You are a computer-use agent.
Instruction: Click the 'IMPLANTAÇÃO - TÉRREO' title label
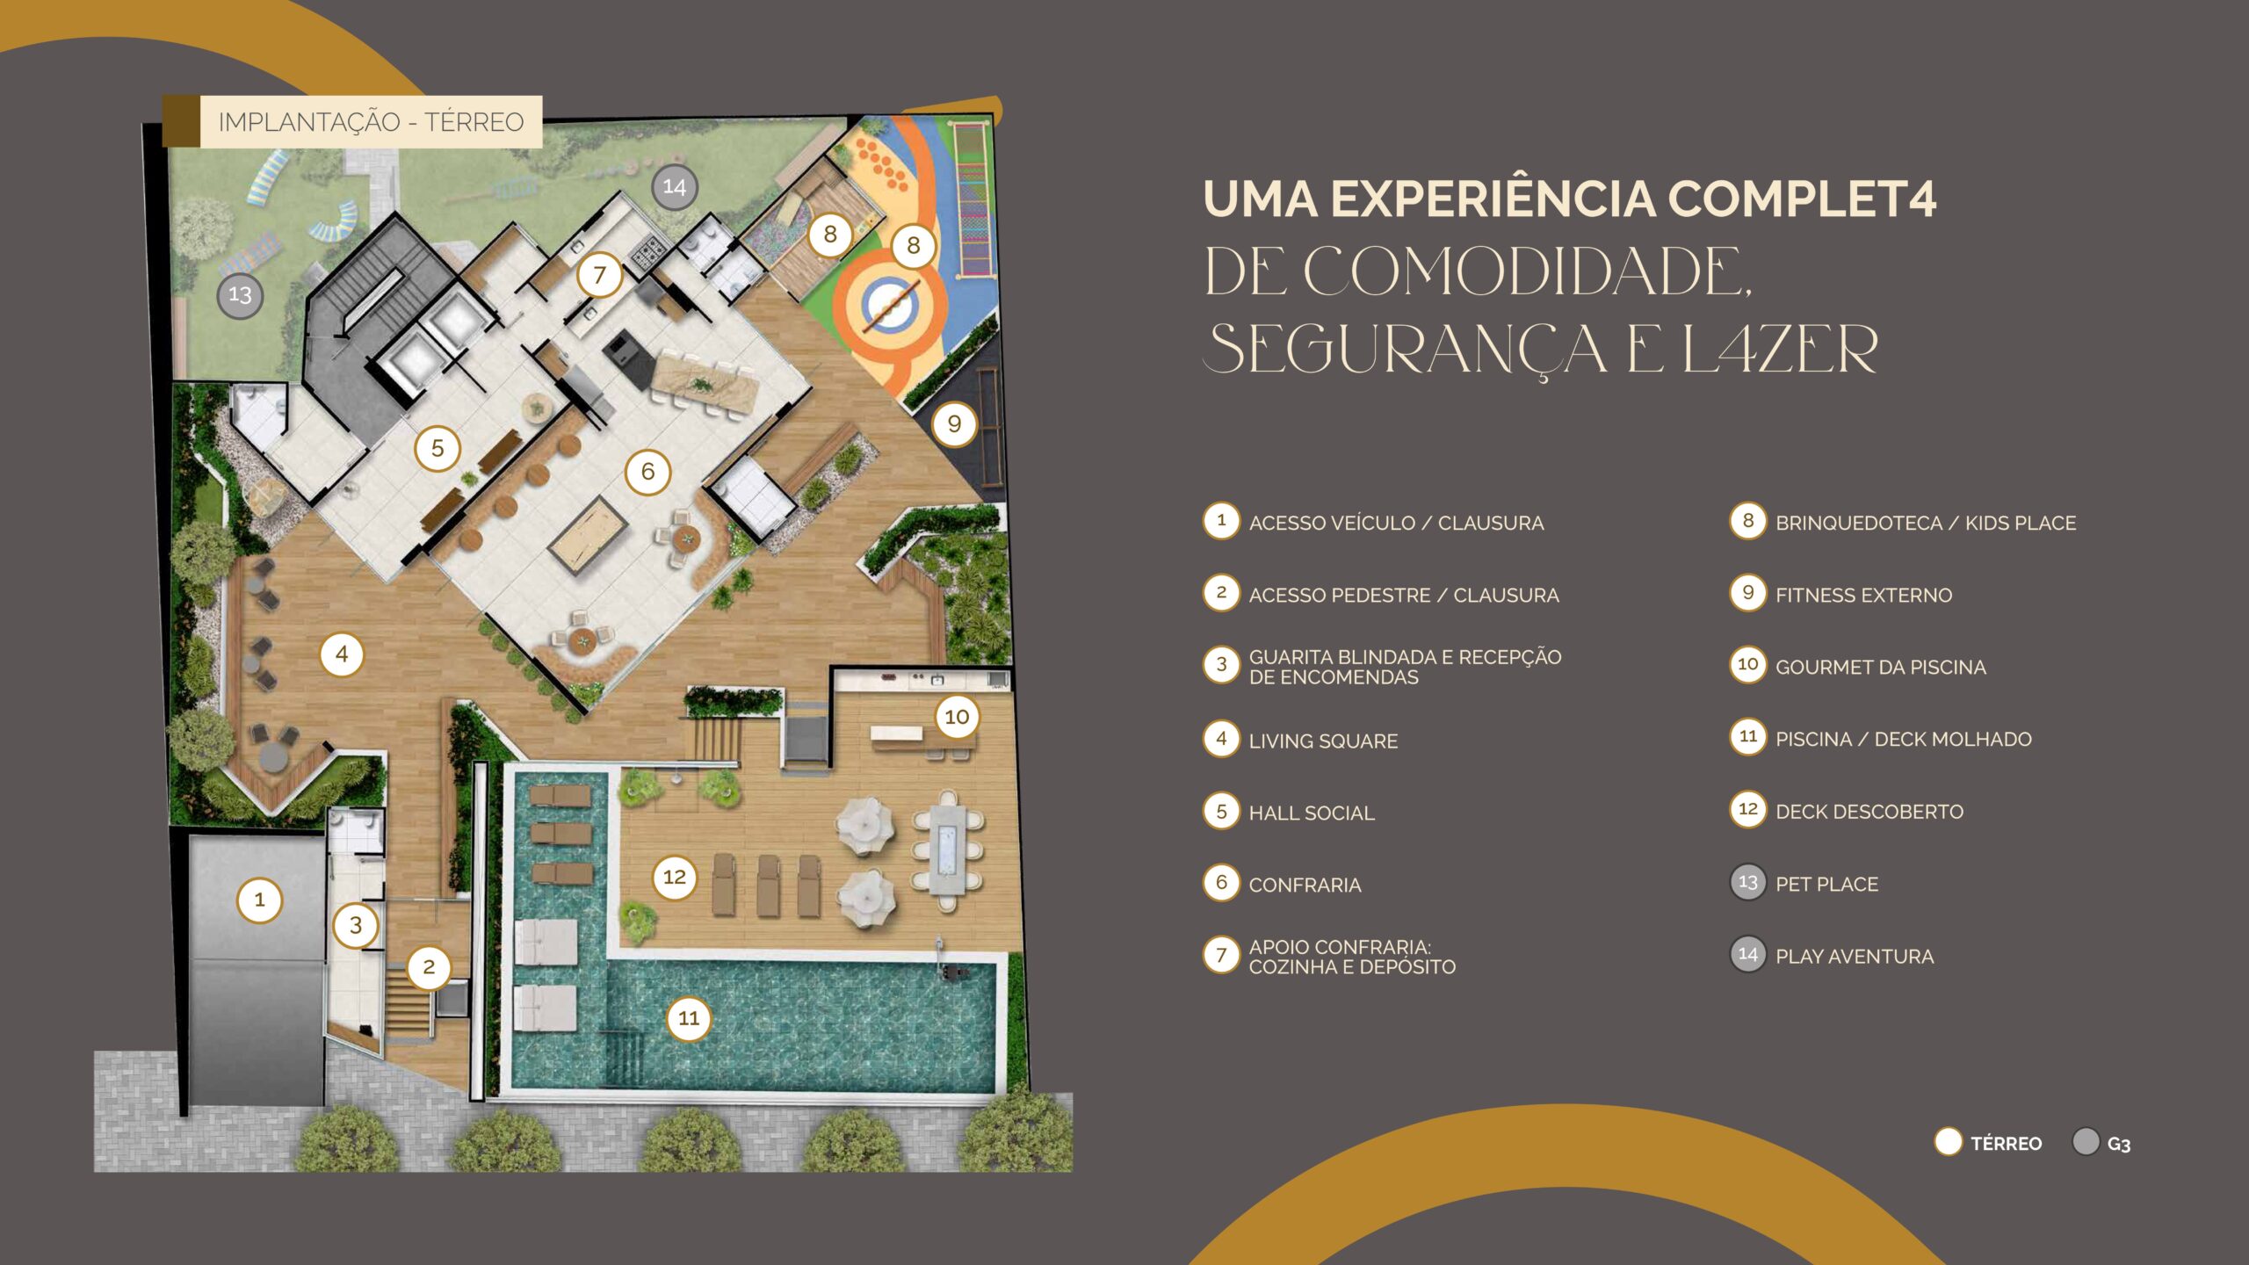371,121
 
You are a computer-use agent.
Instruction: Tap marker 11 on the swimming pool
689,1018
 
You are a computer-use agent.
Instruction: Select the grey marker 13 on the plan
240,295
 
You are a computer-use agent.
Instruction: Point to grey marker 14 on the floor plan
675,187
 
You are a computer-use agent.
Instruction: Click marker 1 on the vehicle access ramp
259,900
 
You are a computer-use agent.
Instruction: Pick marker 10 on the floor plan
957,717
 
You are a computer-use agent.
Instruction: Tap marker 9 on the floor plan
954,424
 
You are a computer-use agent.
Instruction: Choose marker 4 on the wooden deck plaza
342,654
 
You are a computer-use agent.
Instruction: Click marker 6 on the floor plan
647,472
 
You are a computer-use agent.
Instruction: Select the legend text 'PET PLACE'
1826,885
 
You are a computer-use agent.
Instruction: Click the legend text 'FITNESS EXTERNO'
1863,596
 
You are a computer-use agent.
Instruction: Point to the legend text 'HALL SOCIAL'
1312,813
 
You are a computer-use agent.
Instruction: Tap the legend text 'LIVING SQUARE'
1323,741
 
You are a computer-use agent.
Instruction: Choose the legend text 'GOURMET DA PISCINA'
1880,668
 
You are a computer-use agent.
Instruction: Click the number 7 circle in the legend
1221,955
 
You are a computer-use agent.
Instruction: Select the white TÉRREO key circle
1949,1142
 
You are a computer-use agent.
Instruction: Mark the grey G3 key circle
2086,1142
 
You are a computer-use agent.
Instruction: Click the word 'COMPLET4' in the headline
1802,199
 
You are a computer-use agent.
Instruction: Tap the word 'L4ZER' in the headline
1780,349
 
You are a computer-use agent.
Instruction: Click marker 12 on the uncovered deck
675,878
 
